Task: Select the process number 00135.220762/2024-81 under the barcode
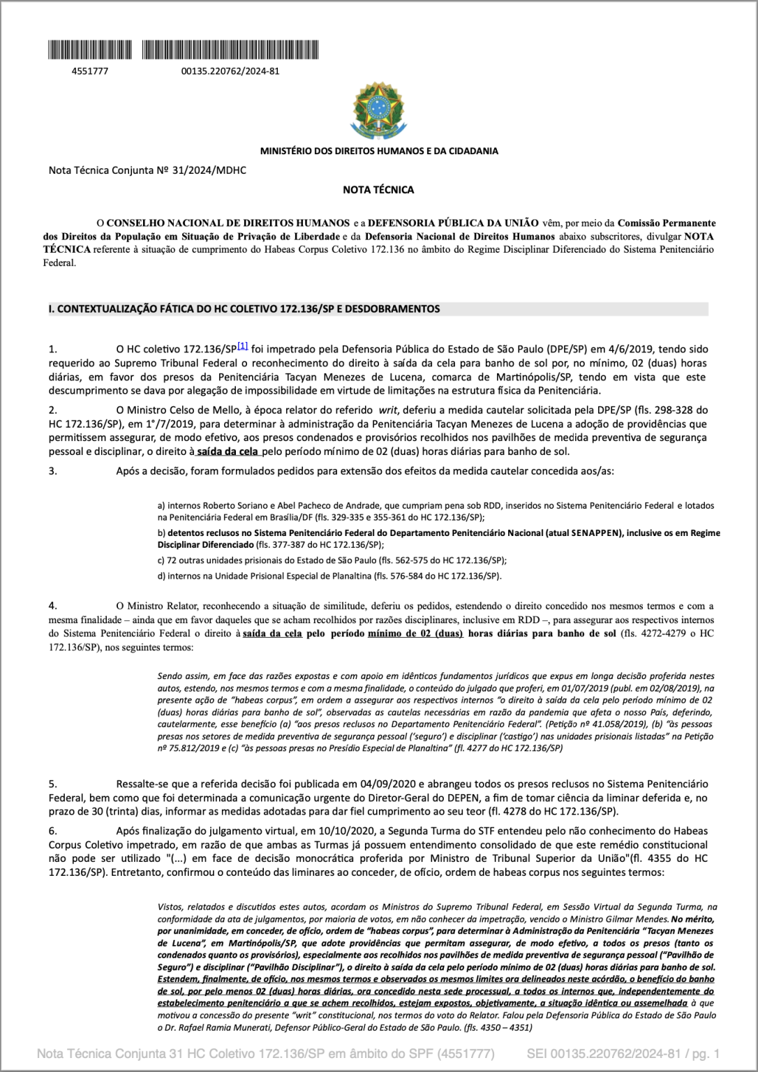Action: click(230, 70)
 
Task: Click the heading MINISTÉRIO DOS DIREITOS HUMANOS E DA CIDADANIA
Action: click(379, 151)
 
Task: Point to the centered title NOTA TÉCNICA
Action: click(378, 190)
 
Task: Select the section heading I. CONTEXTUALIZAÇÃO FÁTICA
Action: click(244, 308)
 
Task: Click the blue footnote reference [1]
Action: click(242, 346)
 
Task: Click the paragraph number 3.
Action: click(52, 471)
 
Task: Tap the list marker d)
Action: click(161, 576)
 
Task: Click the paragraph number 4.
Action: click(52, 605)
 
